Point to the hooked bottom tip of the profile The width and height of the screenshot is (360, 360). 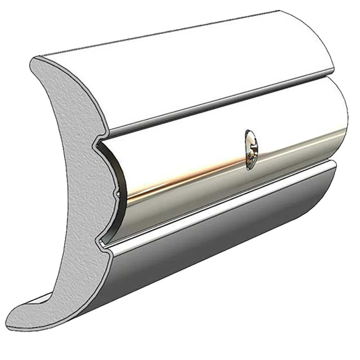[18, 317]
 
